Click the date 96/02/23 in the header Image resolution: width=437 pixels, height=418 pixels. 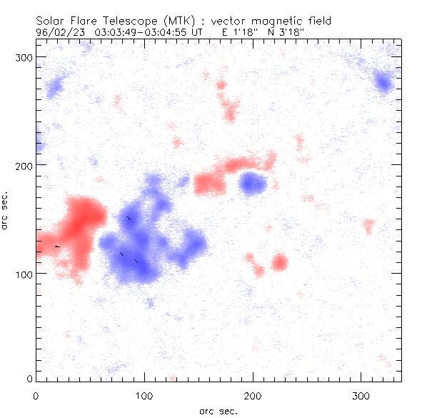[56, 32]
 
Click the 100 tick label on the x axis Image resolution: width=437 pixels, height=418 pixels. [145, 395]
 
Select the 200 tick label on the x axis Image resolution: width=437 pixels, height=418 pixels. [253, 395]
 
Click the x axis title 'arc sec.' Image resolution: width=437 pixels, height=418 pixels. [218, 411]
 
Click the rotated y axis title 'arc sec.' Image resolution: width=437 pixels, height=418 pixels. [6, 210]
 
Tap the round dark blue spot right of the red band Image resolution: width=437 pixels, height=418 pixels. [252, 184]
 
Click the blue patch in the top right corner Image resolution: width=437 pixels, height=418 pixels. [384, 83]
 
